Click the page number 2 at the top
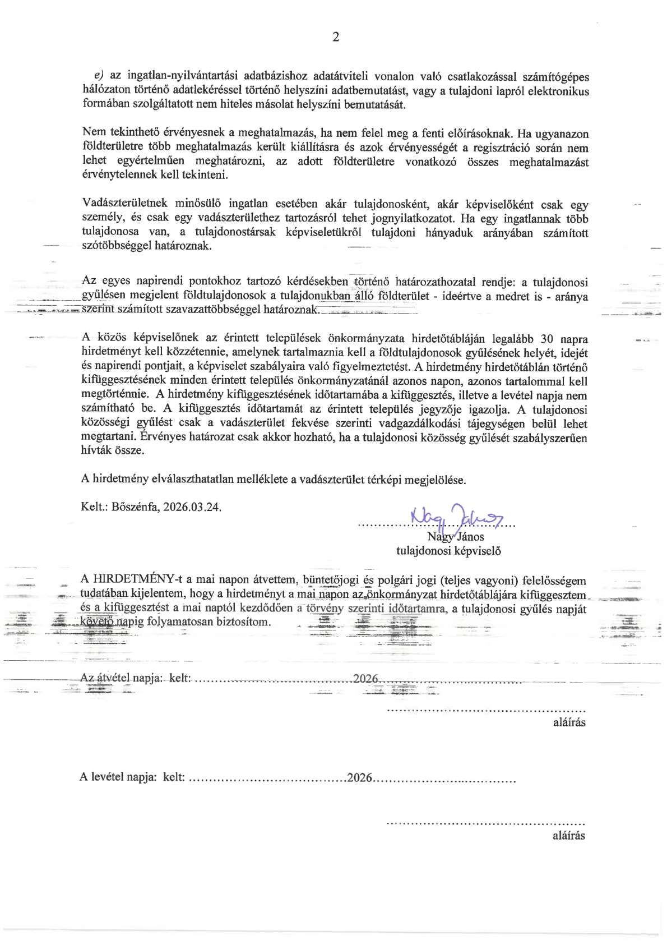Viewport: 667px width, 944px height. pos(336,38)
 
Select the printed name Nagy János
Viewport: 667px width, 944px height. pos(455,537)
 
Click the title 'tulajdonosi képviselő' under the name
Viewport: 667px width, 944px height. pos(448,551)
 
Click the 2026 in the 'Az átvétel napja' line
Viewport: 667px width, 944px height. pos(366,678)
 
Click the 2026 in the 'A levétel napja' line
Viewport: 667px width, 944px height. pos(360,777)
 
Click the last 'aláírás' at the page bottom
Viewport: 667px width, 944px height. pos(568,835)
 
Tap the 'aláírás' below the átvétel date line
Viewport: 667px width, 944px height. pos(569,722)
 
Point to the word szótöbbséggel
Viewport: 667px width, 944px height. pos(115,246)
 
